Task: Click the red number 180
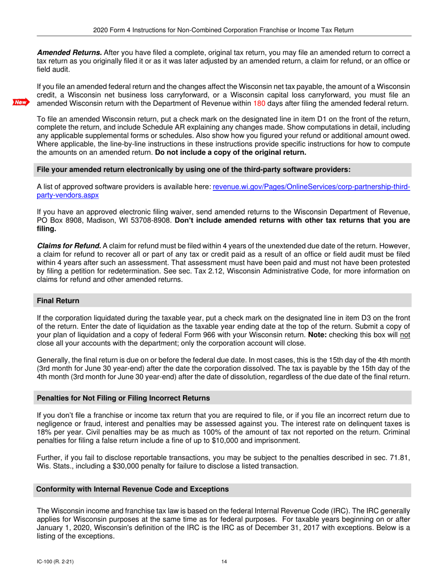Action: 259,103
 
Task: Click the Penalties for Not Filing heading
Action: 123,398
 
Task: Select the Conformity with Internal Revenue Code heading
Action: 132,489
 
